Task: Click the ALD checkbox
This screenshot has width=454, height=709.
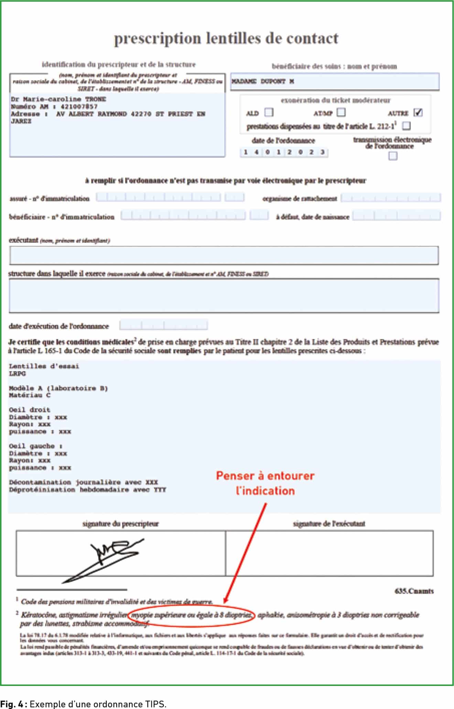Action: [x=269, y=113]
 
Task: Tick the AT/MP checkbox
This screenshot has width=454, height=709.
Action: [x=341, y=112]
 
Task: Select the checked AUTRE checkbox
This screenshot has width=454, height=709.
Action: [x=418, y=113]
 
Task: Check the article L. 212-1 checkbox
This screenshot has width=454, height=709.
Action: [x=406, y=126]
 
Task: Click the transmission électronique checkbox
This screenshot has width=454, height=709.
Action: [x=392, y=156]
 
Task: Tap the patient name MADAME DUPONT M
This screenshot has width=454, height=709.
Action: [x=263, y=82]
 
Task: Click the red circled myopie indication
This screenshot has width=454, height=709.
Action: [x=191, y=615]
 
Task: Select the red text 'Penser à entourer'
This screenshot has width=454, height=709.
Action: [x=265, y=476]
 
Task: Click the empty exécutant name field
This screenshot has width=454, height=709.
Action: [x=224, y=256]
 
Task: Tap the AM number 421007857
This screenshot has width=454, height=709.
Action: [x=79, y=107]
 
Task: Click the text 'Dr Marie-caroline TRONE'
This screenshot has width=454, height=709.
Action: [x=58, y=99]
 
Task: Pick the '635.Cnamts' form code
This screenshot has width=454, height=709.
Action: [x=414, y=591]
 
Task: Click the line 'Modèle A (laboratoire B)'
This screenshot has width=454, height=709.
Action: [x=58, y=388]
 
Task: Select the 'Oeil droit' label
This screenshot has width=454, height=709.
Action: [x=30, y=410]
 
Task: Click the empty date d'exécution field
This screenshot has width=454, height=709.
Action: [x=163, y=325]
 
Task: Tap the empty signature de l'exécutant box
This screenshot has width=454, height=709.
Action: [x=329, y=553]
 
